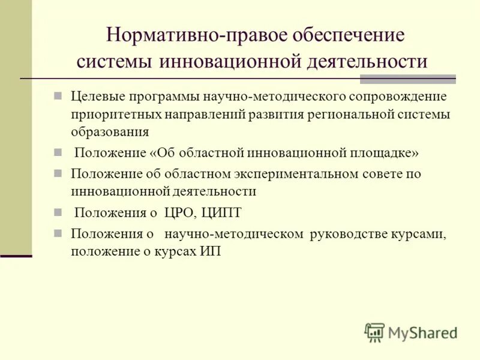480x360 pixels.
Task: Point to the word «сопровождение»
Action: click(395, 97)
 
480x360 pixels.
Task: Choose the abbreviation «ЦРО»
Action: click(180, 212)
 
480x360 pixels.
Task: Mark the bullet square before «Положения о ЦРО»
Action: click(58, 212)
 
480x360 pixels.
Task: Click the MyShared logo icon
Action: click(375, 332)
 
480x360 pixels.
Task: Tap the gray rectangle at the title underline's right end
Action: click(407, 80)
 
